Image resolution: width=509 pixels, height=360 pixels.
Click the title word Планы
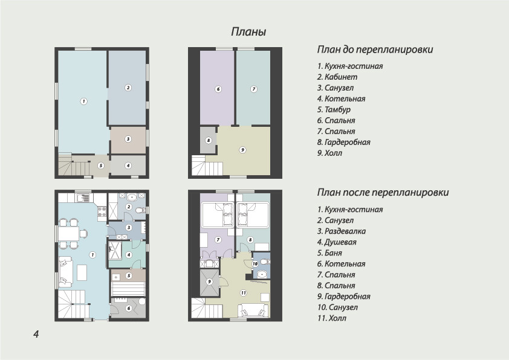(x=248, y=32)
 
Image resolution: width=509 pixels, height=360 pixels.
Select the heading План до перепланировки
(x=375, y=50)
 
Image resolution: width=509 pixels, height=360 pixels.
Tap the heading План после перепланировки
(x=383, y=192)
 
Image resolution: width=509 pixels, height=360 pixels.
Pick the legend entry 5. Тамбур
(x=334, y=109)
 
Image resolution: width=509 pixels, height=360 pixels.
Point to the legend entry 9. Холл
(x=329, y=153)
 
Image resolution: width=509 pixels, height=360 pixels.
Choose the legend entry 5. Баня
(x=329, y=253)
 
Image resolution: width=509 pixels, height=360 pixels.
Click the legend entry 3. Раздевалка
(x=342, y=231)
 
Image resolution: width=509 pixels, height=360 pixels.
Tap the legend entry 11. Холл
(x=332, y=318)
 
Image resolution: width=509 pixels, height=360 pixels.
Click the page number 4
(x=36, y=334)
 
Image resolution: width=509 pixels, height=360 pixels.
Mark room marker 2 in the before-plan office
(x=128, y=87)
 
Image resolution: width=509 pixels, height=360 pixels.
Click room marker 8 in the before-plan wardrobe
(x=209, y=140)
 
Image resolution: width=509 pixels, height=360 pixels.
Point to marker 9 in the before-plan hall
(x=242, y=150)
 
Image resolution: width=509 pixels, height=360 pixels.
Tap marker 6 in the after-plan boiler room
(x=129, y=308)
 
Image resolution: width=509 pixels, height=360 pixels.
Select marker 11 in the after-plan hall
(x=244, y=293)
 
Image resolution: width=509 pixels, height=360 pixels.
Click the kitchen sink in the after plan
(x=83, y=198)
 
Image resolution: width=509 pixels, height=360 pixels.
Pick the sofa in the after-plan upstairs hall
(x=253, y=310)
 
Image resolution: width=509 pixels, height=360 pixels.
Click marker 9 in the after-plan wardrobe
(x=209, y=281)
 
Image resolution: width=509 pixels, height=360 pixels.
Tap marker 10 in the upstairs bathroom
(x=255, y=264)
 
